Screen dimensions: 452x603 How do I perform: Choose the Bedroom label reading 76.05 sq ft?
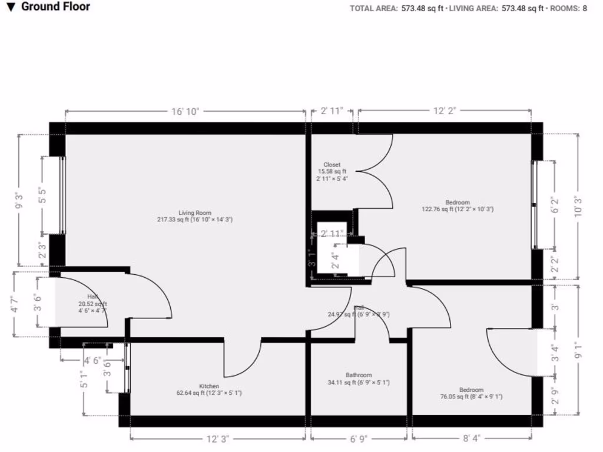pyautogui.click(x=472, y=393)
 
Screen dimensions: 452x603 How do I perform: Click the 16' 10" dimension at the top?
pyautogui.click(x=185, y=111)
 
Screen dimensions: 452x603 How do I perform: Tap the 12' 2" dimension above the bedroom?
pyautogui.click(x=445, y=111)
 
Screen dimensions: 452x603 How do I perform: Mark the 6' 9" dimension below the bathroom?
pyautogui.click(x=359, y=438)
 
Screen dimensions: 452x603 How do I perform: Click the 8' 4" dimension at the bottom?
pyautogui.click(x=472, y=438)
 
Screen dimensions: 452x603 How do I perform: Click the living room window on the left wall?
pyautogui.click(x=62, y=196)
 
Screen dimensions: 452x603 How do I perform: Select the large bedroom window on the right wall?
pyautogui.click(x=534, y=204)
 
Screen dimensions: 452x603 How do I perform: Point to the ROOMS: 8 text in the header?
pyautogui.click(x=570, y=8)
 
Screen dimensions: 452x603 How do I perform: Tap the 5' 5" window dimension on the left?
pyautogui.click(x=42, y=195)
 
